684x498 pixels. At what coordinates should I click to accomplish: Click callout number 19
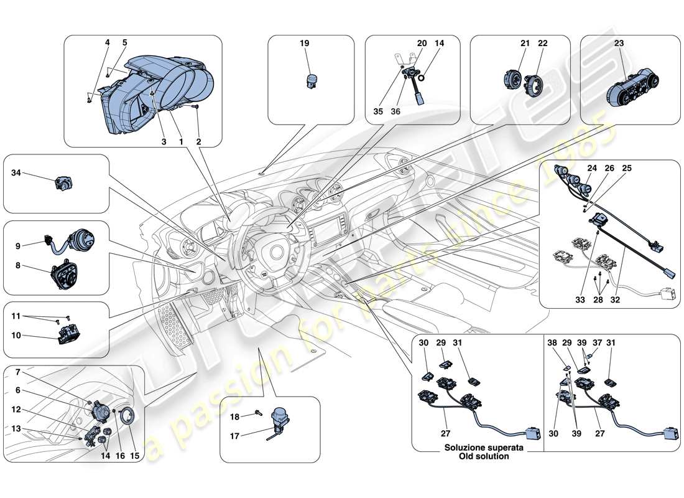point(303,44)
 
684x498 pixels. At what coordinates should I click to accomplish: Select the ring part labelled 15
point(127,415)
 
